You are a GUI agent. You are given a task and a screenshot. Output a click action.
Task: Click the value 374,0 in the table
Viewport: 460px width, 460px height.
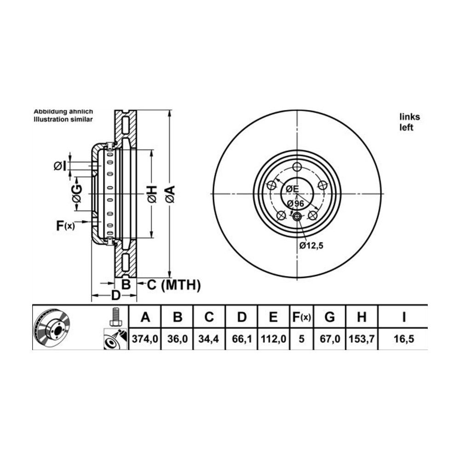[145, 339]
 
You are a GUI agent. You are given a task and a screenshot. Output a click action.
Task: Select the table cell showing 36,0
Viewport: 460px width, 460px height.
[177, 339]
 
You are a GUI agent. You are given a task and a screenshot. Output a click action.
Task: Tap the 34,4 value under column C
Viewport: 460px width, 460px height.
[208, 339]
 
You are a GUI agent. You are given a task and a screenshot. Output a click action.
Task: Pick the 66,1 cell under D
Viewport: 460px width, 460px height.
[242, 339]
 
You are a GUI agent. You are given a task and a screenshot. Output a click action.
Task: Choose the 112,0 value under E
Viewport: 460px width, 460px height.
[273, 339]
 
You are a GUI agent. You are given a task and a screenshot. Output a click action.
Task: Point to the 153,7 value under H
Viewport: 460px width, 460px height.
[362, 339]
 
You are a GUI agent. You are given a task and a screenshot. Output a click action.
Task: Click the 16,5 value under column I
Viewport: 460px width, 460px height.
[404, 339]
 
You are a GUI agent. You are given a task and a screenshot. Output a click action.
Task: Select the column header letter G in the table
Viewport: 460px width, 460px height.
[330, 317]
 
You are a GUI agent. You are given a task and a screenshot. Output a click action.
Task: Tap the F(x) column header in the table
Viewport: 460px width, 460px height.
[302, 317]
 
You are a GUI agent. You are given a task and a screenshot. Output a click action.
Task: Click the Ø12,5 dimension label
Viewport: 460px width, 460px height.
[311, 245]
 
